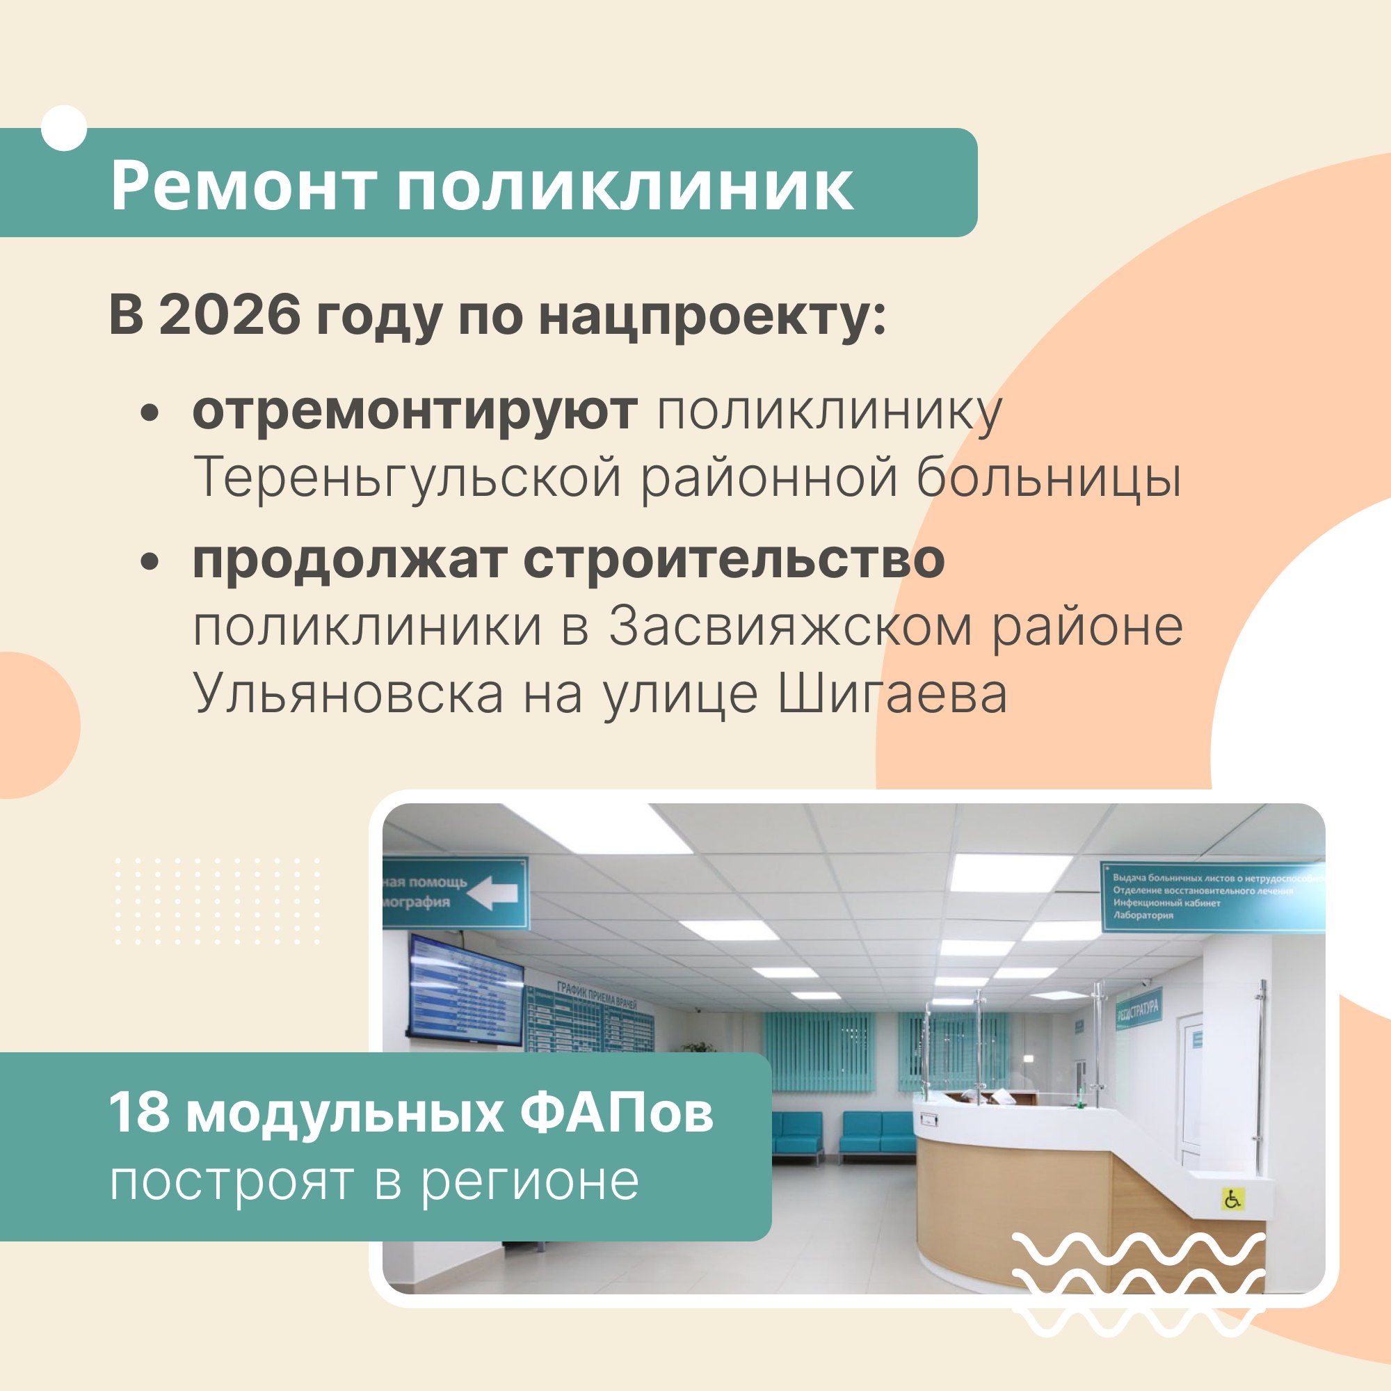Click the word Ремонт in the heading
click(244, 187)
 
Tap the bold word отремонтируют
click(415, 412)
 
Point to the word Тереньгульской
click(407, 477)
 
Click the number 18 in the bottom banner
click(140, 1113)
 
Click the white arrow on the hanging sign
click(492, 894)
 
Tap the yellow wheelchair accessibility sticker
click(1232, 1200)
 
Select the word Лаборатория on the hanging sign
click(1143, 915)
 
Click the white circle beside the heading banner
click(64, 128)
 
